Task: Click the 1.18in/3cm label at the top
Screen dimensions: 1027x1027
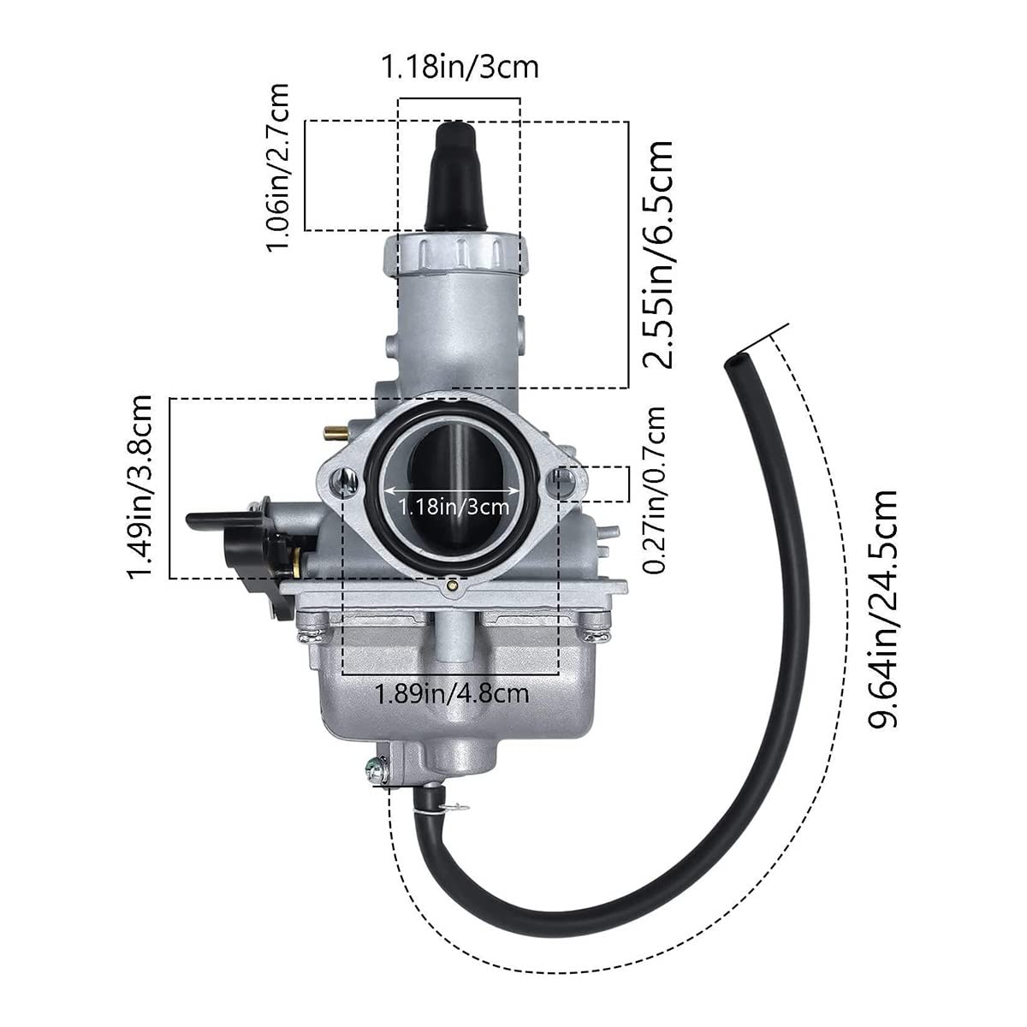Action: [460, 67]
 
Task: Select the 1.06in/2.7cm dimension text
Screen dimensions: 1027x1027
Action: [279, 167]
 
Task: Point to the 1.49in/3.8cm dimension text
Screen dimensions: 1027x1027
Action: [139, 486]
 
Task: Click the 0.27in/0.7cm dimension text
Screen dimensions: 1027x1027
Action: [656, 489]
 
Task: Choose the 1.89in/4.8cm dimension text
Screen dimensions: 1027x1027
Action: [452, 693]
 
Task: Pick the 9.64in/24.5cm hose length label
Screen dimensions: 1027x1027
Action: [882, 608]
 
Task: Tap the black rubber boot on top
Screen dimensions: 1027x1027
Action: [459, 178]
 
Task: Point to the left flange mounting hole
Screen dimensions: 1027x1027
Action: [347, 482]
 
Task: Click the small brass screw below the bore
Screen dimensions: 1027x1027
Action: [452, 587]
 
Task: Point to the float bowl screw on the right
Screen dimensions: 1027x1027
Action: [596, 633]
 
